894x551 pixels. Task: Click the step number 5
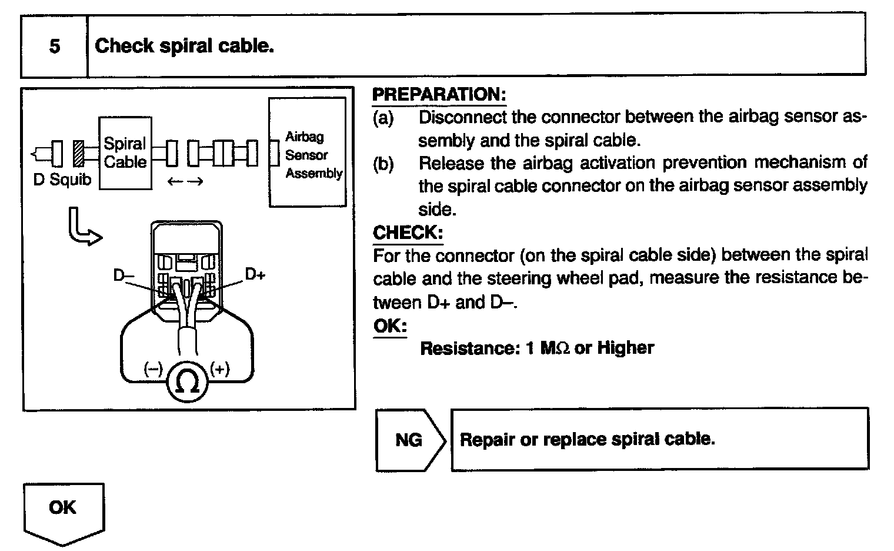(54, 46)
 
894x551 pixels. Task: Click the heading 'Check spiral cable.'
(184, 46)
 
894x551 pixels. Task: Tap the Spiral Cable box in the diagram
(125, 153)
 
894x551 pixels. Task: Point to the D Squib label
(62, 180)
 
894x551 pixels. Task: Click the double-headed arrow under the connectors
(185, 182)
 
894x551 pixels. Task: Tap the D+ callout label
(255, 274)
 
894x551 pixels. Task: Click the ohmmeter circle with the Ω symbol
(188, 383)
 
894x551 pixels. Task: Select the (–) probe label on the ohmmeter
(154, 369)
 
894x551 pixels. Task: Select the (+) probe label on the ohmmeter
(220, 369)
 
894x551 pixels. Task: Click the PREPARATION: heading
(439, 94)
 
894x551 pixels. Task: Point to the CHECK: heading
(408, 233)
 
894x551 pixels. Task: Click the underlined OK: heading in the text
(389, 326)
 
